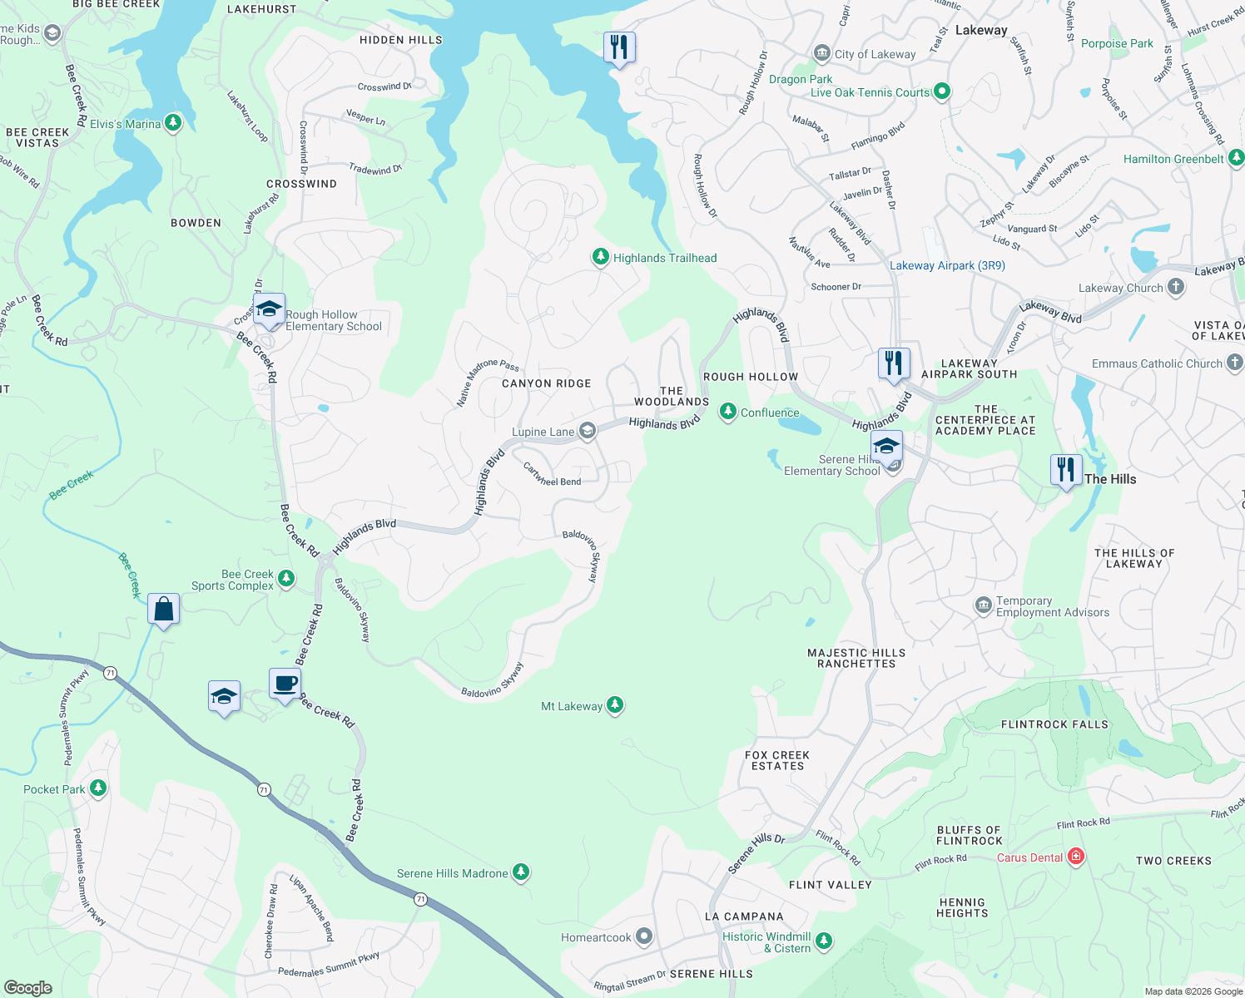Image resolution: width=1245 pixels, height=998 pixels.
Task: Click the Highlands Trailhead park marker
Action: coord(600,257)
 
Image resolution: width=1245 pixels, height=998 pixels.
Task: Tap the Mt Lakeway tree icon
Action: coord(615,705)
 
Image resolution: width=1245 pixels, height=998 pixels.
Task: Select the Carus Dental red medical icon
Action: coord(1075,856)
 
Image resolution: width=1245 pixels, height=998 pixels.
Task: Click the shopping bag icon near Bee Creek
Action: coord(164,609)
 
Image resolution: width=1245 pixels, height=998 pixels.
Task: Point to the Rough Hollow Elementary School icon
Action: coord(269,310)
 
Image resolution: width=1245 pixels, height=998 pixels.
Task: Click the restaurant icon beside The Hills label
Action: coord(1066,470)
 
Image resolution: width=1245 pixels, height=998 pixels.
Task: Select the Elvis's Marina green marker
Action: coord(172,123)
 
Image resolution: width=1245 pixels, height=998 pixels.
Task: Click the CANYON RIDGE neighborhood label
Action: coord(547,383)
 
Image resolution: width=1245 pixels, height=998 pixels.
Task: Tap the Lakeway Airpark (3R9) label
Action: coord(947,265)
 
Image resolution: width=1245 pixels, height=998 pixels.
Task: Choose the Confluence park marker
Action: coord(728,412)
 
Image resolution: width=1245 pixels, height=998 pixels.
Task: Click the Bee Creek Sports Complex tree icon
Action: coord(286,578)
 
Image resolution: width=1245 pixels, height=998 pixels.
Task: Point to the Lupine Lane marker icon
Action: coord(588,431)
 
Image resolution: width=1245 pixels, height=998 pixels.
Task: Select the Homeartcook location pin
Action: coord(644,936)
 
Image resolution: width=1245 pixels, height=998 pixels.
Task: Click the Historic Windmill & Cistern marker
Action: coord(823,941)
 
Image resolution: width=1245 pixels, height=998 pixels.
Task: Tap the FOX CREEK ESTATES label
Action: coord(777,760)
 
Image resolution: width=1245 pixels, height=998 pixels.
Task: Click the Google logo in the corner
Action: coord(27,987)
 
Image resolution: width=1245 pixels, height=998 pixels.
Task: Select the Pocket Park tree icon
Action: coord(98,788)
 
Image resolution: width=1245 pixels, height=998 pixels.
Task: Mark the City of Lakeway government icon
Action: coord(822,54)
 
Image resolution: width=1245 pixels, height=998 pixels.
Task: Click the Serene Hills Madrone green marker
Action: coord(521,872)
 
